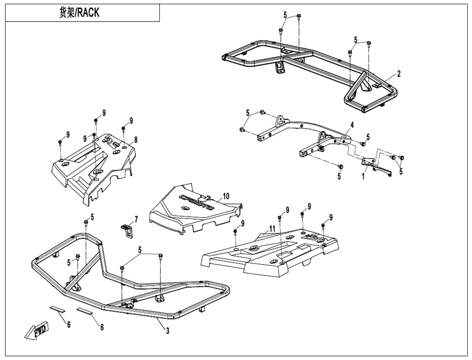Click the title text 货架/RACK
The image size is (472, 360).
point(79,13)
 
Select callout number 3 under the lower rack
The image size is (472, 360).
point(167,331)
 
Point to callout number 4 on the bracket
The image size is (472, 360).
point(352,125)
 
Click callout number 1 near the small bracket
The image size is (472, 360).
point(364,176)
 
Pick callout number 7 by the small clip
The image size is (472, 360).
point(136,219)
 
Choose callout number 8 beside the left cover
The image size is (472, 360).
point(136,140)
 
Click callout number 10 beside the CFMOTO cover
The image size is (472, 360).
point(226,196)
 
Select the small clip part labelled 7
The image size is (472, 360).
point(127,229)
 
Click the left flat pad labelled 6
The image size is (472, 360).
point(56,308)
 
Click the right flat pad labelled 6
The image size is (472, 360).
point(84,311)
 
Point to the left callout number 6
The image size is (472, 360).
point(69,325)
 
